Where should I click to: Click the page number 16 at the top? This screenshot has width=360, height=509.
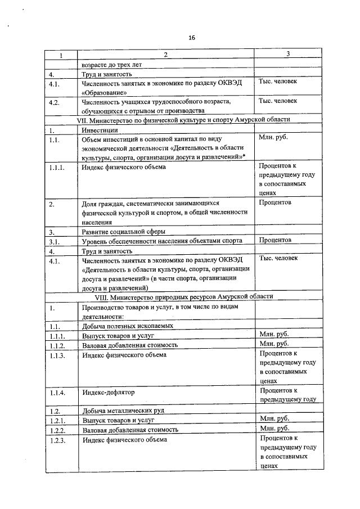click(191, 38)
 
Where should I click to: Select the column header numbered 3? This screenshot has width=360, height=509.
click(288, 54)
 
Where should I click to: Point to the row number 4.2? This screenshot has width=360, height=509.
click(55, 102)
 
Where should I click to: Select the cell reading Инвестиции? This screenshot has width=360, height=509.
click(100, 129)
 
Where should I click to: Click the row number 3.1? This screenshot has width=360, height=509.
click(55, 241)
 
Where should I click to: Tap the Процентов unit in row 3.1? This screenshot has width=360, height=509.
click(275, 240)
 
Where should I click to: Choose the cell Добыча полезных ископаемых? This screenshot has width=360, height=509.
click(127, 326)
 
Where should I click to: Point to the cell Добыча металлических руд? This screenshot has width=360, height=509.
click(122, 411)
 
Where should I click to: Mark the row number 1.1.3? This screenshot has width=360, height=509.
click(57, 355)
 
